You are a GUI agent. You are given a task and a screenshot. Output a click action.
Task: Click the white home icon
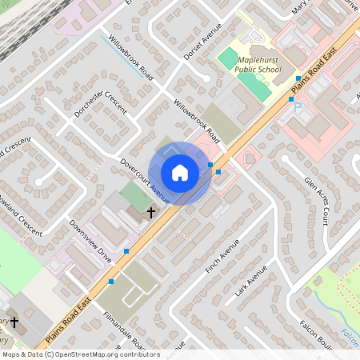pos(180,172)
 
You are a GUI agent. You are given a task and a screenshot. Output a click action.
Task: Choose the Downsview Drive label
pos(90,242)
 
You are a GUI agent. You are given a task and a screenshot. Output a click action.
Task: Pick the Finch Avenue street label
pos(222,257)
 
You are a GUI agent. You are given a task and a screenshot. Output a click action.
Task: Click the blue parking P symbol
pos(298,106)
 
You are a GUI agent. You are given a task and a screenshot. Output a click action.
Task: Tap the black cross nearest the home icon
pos(150,213)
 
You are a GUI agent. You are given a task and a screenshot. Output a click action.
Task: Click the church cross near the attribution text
pos(14,321)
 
